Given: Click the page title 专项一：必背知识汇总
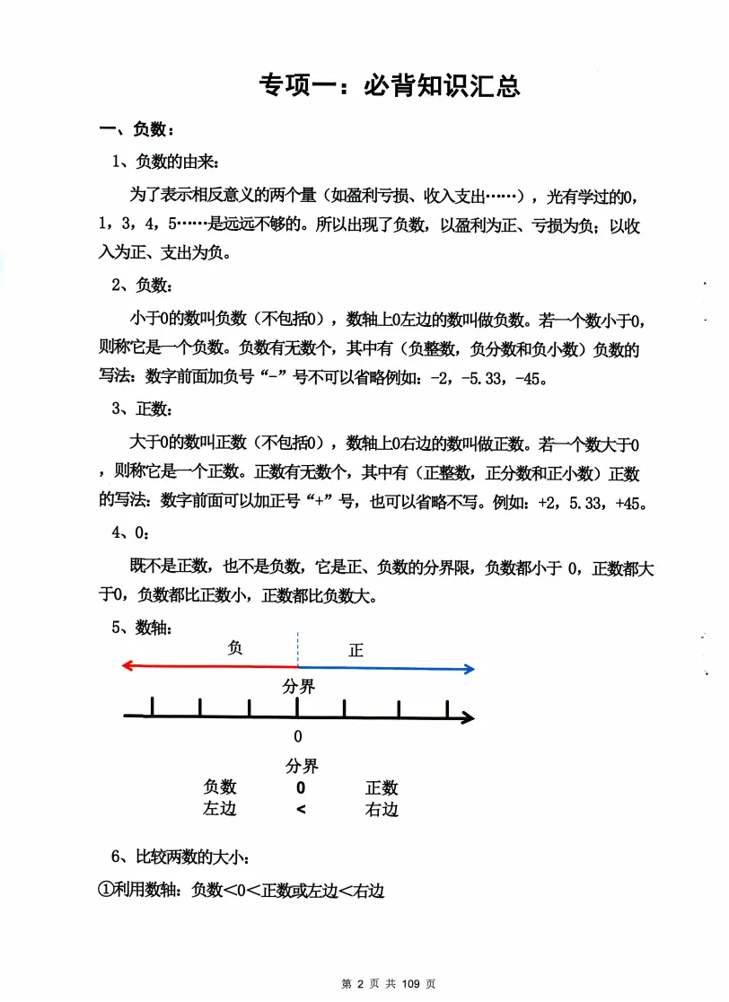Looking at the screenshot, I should (x=389, y=86).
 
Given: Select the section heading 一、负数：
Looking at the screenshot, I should (x=136, y=131).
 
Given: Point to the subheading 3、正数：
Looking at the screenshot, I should (x=144, y=409).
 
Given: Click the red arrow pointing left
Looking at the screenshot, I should (x=207, y=666).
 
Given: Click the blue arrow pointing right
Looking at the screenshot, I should (x=386, y=667).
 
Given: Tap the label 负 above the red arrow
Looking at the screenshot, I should (x=236, y=647).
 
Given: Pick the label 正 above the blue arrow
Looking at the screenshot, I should (x=356, y=650).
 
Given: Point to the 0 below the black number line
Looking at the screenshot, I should (x=298, y=737).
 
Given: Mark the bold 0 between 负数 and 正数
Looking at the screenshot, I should (x=301, y=787).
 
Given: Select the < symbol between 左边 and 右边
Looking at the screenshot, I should (x=301, y=810).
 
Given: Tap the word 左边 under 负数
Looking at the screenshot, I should (x=219, y=809).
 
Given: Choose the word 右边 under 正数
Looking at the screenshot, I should (x=382, y=809).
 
